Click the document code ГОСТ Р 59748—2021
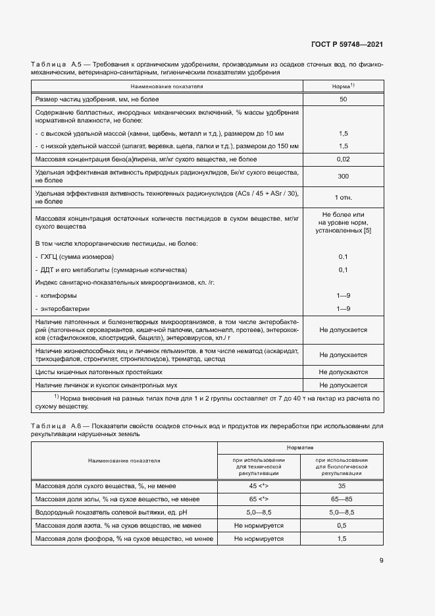pyautogui.click(x=347, y=45)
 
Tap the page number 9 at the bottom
pyautogui.click(x=381, y=561)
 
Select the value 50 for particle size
pyautogui.click(x=343, y=99)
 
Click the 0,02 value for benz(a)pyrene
pyautogui.click(x=343, y=159)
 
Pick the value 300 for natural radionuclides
pyautogui.click(x=343, y=177)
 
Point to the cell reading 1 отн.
pyautogui.click(x=343, y=197)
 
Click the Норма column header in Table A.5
pyautogui.click(x=343, y=86)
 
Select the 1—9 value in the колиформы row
pyautogui.click(x=343, y=296)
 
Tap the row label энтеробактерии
pyautogui.click(x=64, y=308)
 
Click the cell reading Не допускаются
pyautogui.click(x=343, y=372)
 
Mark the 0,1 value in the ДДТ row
pyautogui.click(x=343, y=269)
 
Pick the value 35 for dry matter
pyautogui.click(x=342, y=486)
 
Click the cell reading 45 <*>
pyautogui.click(x=259, y=486)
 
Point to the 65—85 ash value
pyautogui.click(x=342, y=499)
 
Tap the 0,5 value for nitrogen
pyautogui.click(x=342, y=525)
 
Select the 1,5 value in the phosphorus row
pyautogui.click(x=342, y=538)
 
